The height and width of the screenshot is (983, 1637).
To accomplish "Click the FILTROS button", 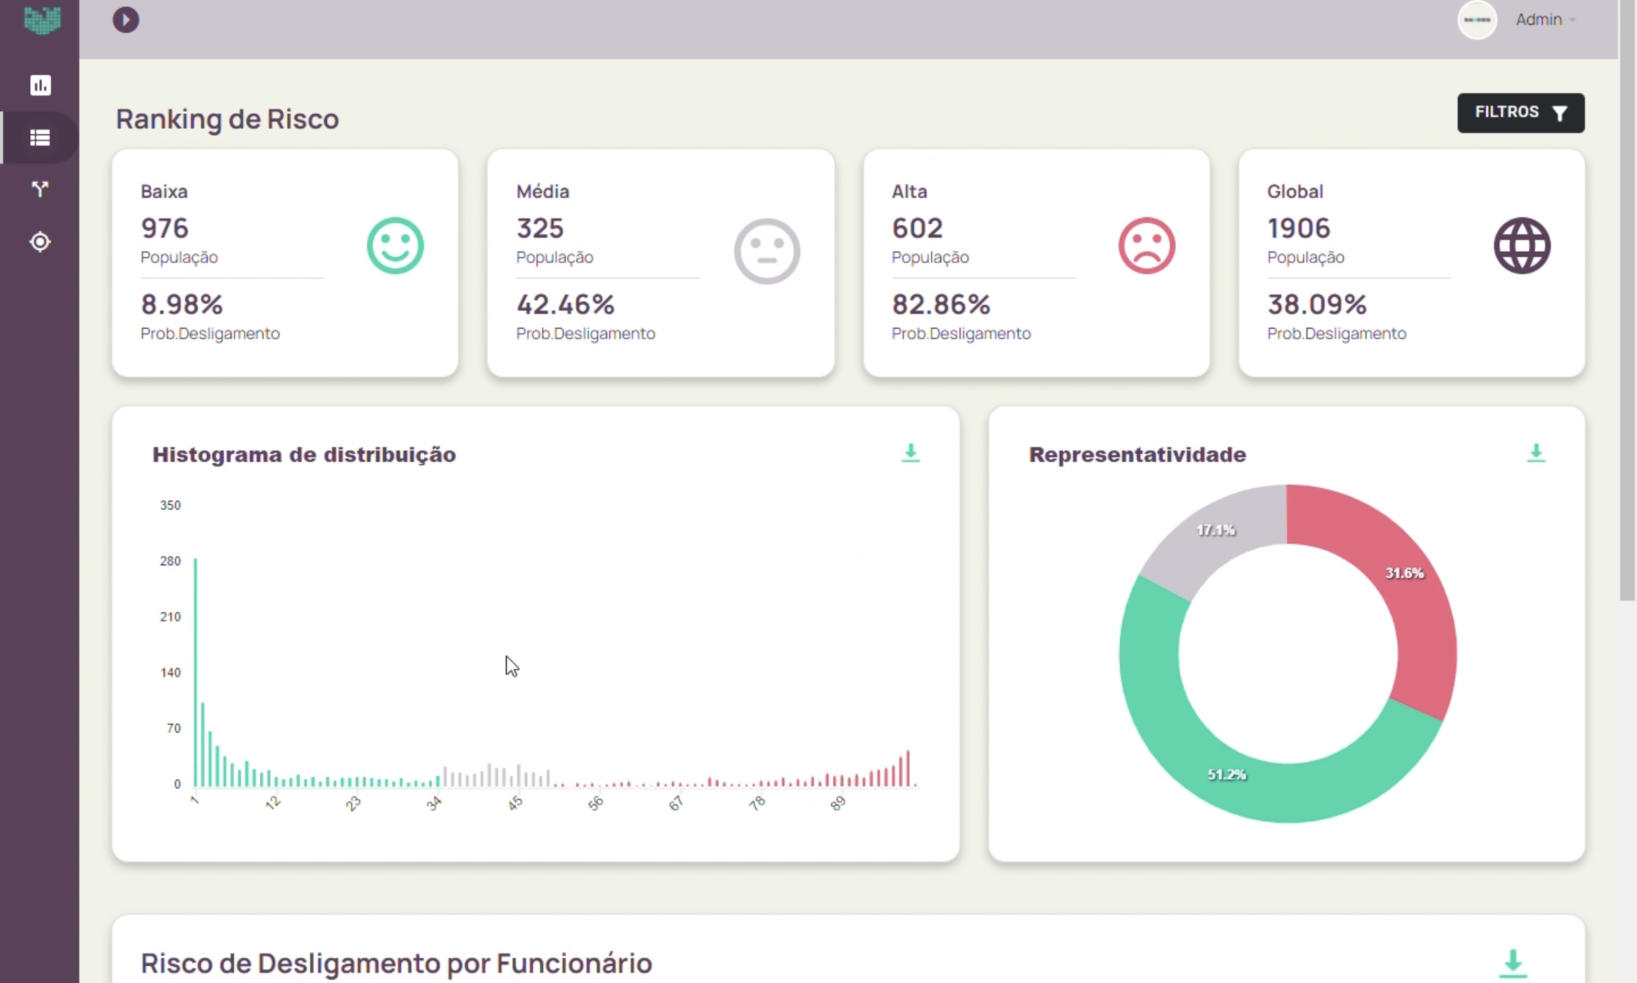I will (x=1520, y=112).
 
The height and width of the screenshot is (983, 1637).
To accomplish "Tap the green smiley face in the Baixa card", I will (x=395, y=246).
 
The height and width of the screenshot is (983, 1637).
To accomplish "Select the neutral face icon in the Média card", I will (x=766, y=251).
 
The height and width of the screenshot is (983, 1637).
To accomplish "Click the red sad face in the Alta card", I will (x=1146, y=246).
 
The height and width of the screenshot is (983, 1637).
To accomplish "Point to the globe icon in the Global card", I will (x=1521, y=246).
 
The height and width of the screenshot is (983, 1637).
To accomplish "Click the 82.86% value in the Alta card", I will (x=941, y=304).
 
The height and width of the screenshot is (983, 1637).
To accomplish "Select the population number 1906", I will (x=1298, y=228).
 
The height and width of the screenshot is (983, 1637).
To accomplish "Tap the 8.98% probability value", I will (x=182, y=304).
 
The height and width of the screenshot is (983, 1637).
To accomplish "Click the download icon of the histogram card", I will (x=910, y=453).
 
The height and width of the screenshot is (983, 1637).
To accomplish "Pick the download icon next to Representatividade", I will (x=1536, y=453).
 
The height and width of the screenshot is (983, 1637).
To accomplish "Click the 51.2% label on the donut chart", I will (x=1226, y=774).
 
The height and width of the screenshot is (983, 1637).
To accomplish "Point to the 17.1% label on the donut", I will (x=1215, y=530).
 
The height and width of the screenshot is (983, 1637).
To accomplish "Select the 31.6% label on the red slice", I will (x=1404, y=573).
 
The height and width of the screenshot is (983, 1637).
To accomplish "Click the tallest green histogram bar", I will (x=195, y=672).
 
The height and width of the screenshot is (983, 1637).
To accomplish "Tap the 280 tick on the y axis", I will (x=170, y=561).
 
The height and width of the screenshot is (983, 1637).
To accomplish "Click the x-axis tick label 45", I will (x=516, y=803).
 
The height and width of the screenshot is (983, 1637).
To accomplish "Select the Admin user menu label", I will (x=1538, y=20).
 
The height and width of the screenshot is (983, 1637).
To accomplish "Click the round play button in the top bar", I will (x=125, y=20).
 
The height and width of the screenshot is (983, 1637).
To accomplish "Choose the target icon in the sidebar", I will (x=40, y=242).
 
